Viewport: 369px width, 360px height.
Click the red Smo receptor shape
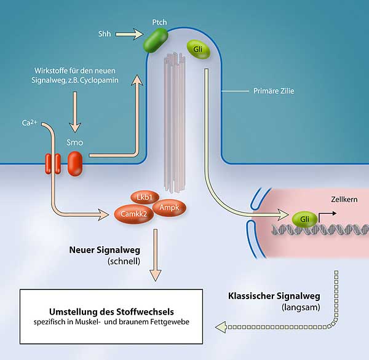click(x=74, y=163)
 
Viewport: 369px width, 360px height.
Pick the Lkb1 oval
click(x=145, y=197)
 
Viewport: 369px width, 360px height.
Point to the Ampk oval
click(x=169, y=208)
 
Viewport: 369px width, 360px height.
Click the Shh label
click(x=105, y=34)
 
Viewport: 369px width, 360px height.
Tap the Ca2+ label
click(x=30, y=123)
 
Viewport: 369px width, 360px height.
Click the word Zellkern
click(x=344, y=199)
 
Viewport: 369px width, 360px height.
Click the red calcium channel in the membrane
click(x=52, y=163)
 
